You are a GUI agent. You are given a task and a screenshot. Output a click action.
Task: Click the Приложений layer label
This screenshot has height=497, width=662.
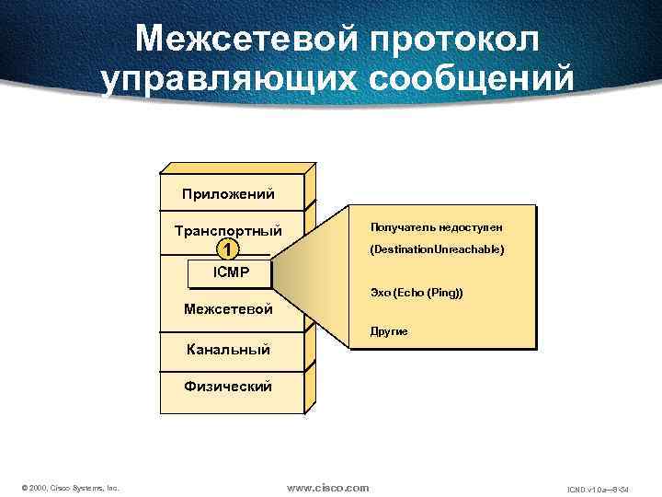228,194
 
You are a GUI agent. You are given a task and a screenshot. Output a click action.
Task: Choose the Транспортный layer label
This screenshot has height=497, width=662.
228,230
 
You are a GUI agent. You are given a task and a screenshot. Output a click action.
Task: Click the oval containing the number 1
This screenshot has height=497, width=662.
229,249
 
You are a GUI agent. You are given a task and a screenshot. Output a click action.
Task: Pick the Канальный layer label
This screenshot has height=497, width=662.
228,349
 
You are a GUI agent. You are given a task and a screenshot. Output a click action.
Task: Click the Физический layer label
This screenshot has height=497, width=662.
228,387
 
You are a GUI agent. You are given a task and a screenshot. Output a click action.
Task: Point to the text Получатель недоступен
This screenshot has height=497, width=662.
437,226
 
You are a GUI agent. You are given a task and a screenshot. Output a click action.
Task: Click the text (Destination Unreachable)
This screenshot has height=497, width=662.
437,249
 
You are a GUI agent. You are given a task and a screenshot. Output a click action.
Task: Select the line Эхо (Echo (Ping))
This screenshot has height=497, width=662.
417,292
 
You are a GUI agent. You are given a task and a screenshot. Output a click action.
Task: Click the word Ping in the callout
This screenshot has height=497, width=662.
443,292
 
